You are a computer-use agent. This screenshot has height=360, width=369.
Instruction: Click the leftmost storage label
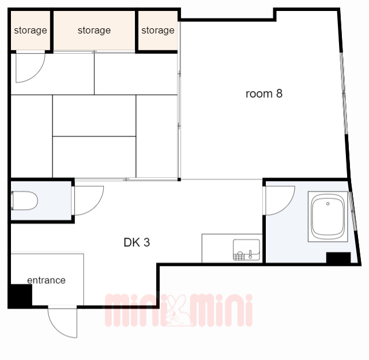[x=31, y=31]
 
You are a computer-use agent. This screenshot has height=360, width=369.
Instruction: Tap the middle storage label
[x=94, y=31]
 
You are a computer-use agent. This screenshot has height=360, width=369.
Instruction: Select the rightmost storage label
[x=158, y=31]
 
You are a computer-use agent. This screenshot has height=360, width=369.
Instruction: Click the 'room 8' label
[x=264, y=93]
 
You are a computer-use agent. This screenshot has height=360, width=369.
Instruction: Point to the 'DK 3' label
[x=137, y=242]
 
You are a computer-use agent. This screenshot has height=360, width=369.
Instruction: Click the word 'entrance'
[x=46, y=280]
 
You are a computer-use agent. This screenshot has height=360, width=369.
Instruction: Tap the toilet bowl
[x=24, y=201]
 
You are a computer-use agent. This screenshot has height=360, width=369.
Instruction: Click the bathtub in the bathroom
[x=328, y=216]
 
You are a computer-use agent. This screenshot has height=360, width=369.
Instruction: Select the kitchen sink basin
[x=246, y=250]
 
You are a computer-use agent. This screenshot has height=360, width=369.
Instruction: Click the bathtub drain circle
[x=328, y=204]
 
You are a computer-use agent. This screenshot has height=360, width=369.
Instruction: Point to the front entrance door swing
[x=63, y=322]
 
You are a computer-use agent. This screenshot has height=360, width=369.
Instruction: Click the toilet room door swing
[x=89, y=201]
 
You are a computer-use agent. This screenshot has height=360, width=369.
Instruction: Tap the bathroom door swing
[x=280, y=201]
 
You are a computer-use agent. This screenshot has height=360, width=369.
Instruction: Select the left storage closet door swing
[x=31, y=68]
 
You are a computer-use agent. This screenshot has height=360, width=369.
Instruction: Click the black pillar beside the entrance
[x=20, y=295]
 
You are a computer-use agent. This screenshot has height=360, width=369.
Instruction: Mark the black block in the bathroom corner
[x=338, y=257]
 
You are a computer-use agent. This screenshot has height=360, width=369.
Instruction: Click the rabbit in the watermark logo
[x=179, y=310]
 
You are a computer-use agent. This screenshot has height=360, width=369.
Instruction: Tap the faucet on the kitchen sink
[x=250, y=254]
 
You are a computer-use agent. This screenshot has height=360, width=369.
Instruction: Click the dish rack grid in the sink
[x=239, y=256]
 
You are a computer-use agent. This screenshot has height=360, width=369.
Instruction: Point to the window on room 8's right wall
[x=344, y=93]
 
